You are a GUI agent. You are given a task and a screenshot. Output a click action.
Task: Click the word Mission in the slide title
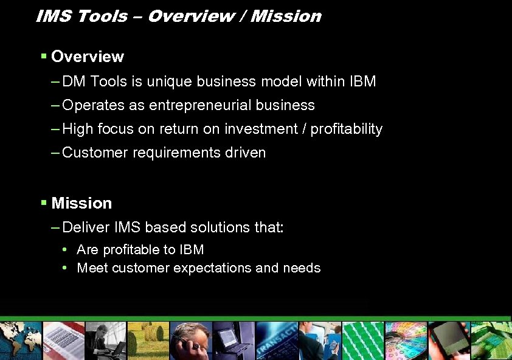coord(286,16)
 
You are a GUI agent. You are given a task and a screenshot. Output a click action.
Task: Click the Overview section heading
coord(88,57)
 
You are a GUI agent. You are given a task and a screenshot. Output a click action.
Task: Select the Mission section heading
coord(81,203)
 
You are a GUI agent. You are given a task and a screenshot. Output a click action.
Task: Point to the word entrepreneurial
coord(200,105)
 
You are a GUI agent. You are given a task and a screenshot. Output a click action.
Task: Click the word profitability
coord(347,129)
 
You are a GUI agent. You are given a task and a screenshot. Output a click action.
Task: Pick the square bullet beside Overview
coord(44,57)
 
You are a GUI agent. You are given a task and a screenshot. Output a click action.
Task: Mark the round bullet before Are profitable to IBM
coord(65,250)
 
